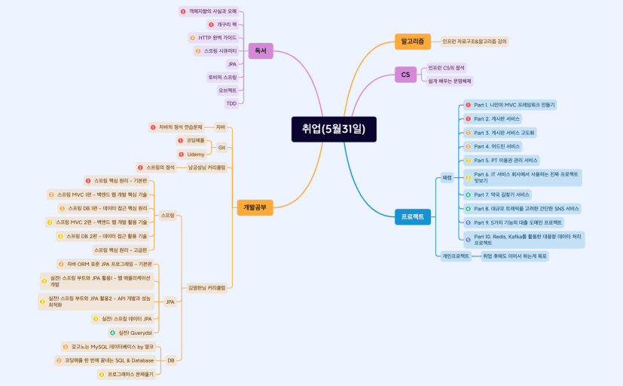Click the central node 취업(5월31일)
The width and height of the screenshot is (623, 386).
pos(333,128)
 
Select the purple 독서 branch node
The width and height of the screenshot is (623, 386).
pos(260,51)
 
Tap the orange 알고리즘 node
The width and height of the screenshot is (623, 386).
pos(412,41)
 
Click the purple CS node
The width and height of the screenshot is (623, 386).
pos(405,74)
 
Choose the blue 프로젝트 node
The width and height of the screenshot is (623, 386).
pos(412,216)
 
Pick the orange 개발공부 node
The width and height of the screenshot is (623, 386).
pos(255,206)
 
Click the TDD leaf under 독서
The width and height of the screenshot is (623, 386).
pos(231,103)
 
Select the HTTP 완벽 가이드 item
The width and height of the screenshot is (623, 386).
pos(217,37)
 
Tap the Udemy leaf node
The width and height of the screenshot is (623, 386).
pos(195,154)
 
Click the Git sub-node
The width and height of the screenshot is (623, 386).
pos(221,147)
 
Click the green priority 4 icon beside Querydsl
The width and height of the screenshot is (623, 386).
pos(112,332)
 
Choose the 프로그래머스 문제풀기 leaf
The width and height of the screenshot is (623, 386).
pos(130,374)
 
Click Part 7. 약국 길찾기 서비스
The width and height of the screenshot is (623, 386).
pos(502,195)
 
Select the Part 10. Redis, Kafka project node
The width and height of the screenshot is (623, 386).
pos(527,240)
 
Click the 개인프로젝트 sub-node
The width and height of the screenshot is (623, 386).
pos(455,256)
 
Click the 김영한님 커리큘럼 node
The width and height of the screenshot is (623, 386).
pos(206,287)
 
